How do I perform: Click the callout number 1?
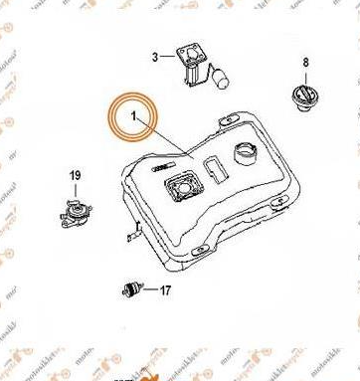(x=133, y=117)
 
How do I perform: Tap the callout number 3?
(x=154, y=57)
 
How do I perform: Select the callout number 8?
(x=305, y=63)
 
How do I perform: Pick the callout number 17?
(x=165, y=290)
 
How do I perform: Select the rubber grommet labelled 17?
(x=129, y=288)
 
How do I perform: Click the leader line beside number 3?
(x=168, y=58)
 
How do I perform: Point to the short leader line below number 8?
(x=305, y=76)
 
